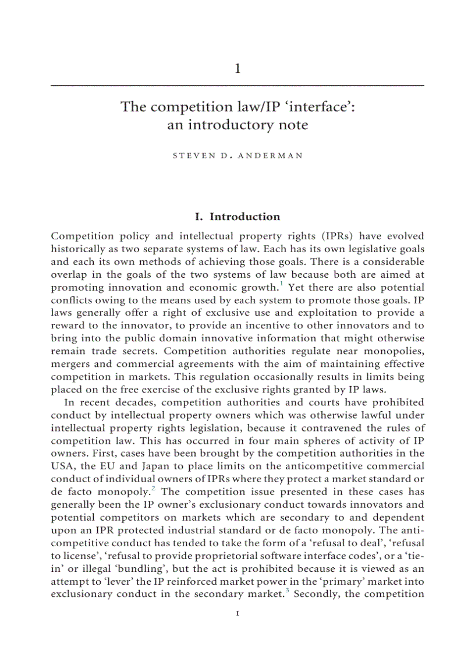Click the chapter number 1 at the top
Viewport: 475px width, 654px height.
237,69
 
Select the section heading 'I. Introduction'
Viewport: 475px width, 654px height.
237,217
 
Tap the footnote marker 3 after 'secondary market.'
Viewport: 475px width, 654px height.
288,591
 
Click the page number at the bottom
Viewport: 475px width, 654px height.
237,613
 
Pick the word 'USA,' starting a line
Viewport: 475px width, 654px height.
63,466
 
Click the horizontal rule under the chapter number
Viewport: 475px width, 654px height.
237,86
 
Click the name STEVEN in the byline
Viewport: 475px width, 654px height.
192,157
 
